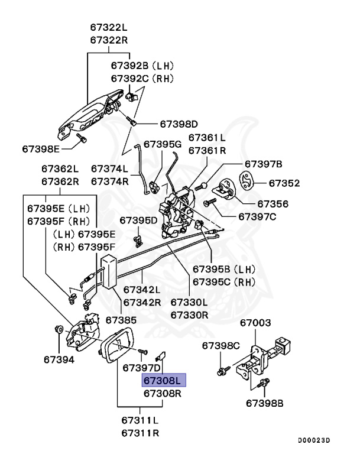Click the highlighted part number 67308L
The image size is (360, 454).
164,380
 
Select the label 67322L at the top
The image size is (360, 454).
109,27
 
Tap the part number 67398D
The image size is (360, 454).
179,124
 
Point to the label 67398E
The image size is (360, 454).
42,148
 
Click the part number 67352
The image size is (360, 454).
284,183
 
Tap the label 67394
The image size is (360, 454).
59,358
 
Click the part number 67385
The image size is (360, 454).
121,320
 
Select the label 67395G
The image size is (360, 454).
162,144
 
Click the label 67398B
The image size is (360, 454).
265,403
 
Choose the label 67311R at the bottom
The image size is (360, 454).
140,433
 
